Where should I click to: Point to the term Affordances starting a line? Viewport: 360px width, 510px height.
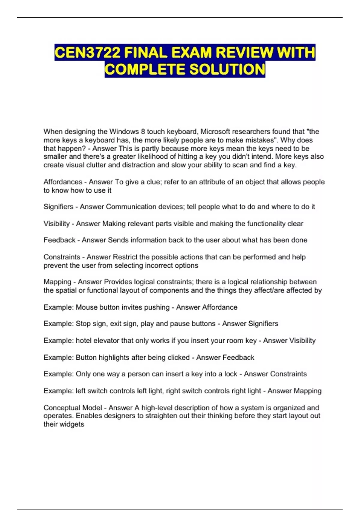63,182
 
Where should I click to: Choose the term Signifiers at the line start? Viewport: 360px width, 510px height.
58,207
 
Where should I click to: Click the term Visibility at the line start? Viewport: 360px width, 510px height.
56,223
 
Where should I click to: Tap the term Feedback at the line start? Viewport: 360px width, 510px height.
59,240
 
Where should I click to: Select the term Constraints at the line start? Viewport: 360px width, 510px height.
62,257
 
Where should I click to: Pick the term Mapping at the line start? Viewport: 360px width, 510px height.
57,282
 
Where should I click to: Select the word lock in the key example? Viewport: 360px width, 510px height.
230,374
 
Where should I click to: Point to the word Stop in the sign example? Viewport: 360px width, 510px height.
83,324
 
